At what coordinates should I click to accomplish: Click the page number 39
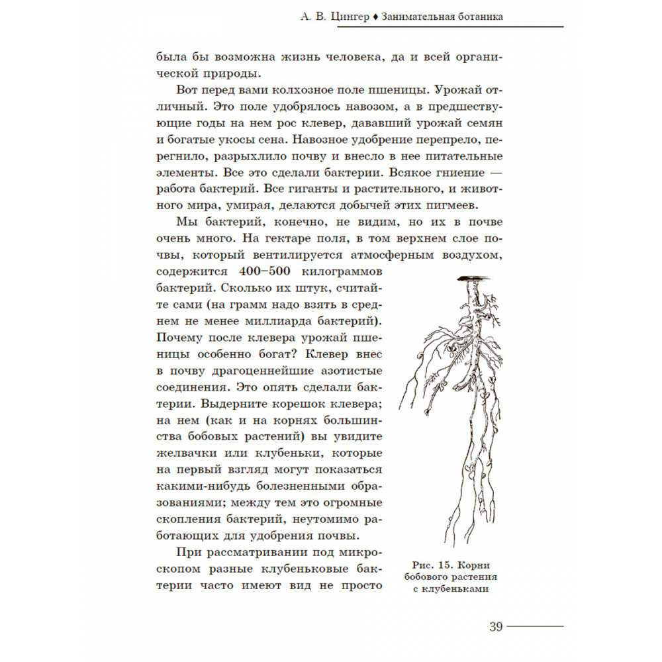[x=496, y=627]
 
